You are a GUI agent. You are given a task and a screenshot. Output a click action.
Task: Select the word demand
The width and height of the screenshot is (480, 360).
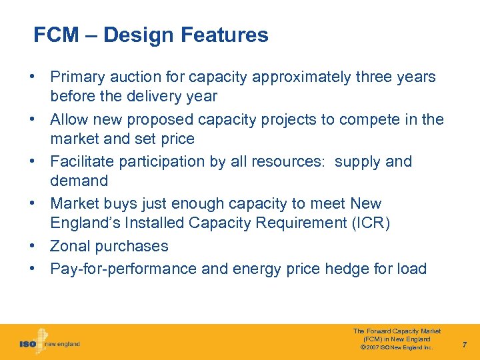click(x=79, y=181)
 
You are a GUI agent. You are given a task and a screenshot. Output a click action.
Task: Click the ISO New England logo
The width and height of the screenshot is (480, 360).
click(x=49, y=342)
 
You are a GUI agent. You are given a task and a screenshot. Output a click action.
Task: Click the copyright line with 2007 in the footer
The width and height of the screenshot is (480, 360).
click(x=396, y=347)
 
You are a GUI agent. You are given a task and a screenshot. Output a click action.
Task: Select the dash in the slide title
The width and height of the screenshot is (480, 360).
click(x=94, y=35)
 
